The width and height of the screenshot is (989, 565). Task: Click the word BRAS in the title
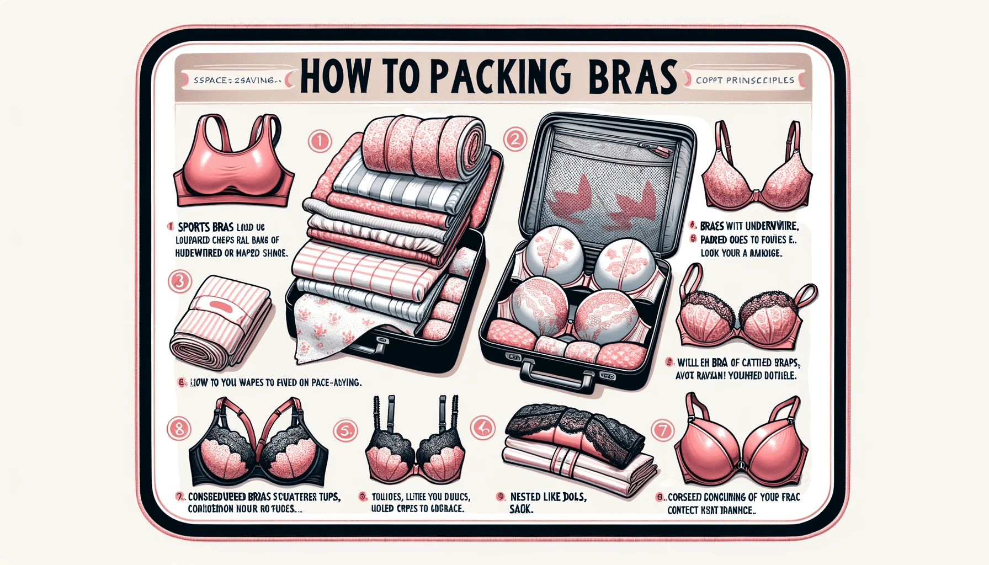point(632,78)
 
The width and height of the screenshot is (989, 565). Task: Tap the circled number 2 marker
point(514,139)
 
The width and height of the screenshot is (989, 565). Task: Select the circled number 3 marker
point(179,282)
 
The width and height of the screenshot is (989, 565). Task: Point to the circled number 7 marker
point(662,429)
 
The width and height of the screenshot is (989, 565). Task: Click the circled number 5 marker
point(346,431)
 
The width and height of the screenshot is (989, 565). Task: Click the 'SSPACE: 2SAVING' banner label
point(234,81)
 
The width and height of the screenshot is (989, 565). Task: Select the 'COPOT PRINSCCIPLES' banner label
point(745,81)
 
